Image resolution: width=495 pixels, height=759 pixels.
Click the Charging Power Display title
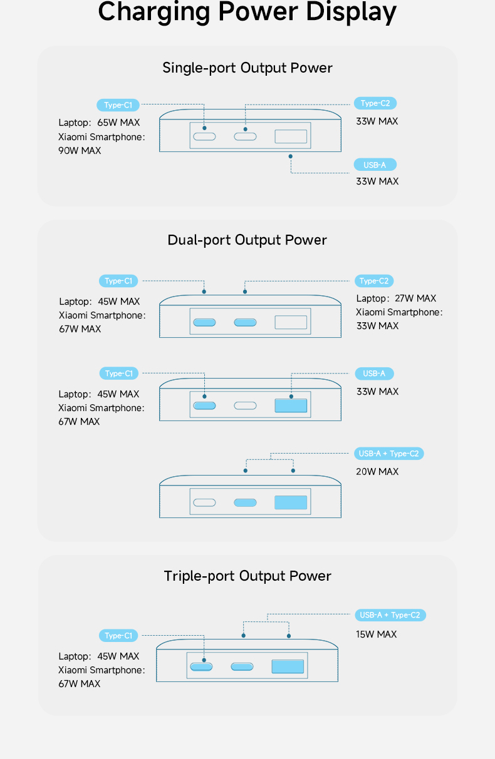(247, 12)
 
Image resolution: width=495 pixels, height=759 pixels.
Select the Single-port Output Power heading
(247, 68)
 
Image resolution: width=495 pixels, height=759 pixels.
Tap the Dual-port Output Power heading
(247, 240)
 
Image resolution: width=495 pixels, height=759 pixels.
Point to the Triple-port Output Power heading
(247, 576)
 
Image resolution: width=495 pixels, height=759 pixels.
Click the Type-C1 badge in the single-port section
(118, 105)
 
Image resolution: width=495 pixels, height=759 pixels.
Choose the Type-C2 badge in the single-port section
(375, 103)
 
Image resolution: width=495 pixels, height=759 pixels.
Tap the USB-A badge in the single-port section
(375, 165)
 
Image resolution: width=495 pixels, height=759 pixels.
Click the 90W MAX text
(80, 151)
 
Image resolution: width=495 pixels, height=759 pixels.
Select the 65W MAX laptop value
(118, 123)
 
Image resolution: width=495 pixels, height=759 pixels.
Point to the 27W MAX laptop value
(415, 298)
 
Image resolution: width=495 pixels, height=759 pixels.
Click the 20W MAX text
(377, 472)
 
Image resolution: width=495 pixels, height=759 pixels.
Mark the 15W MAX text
(376, 634)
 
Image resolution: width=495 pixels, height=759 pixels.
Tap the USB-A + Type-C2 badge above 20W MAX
(389, 454)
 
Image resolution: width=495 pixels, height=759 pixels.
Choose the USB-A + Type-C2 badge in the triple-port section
(390, 615)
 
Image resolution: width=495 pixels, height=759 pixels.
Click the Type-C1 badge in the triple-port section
(118, 636)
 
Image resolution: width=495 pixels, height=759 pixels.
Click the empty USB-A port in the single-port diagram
(291, 136)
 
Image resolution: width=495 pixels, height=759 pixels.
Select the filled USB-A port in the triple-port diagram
(288, 666)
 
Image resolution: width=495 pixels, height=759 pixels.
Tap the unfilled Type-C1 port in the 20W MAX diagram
(204, 502)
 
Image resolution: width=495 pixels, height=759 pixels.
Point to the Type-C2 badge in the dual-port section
(374, 281)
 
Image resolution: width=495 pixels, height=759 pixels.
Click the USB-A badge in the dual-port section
(374, 374)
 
